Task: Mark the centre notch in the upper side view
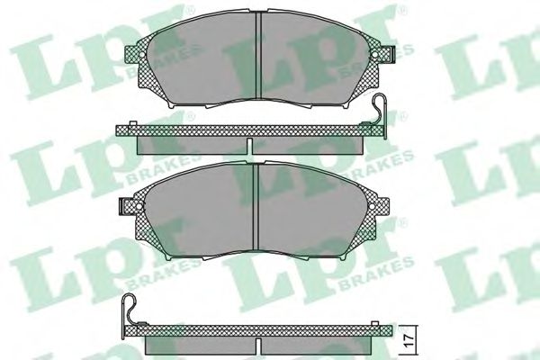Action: coord(248,144)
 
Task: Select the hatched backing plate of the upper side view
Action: coord(243,131)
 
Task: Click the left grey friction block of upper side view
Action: coord(189,144)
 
